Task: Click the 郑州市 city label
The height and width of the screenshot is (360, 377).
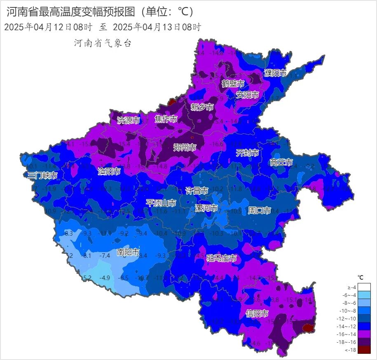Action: pyautogui.click(x=184, y=147)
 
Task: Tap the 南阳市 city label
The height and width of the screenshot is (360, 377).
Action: pyautogui.click(x=128, y=252)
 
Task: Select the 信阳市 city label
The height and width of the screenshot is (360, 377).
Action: pyautogui.click(x=258, y=313)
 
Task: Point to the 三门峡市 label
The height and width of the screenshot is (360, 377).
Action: pyautogui.click(x=42, y=175)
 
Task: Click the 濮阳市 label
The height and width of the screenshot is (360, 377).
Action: pyautogui.click(x=275, y=73)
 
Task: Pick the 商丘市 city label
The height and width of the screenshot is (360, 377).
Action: pyautogui.click(x=281, y=162)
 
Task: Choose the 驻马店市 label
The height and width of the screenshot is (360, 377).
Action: pyautogui.click(x=222, y=258)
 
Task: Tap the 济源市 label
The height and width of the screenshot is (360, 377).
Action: pyautogui.click(x=129, y=120)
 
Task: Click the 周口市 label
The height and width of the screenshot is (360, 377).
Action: pyautogui.click(x=260, y=210)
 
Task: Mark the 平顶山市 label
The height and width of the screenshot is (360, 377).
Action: pyautogui.click(x=161, y=203)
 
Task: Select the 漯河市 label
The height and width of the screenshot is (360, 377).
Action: pyautogui.click(x=206, y=208)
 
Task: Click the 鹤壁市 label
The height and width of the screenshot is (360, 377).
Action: pyautogui.click(x=233, y=84)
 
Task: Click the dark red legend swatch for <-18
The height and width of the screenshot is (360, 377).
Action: pyautogui.click(x=364, y=350)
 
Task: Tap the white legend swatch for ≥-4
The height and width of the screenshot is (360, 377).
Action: pyautogui.click(x=364, y=287)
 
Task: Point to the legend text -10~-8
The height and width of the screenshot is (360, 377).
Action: pyautogui.click(x=349, y=311)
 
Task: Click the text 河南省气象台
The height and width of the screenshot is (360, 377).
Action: pyautogui.click(x=103, y=43)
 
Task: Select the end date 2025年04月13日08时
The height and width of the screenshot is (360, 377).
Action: pyautogui.click(x=157, y=28)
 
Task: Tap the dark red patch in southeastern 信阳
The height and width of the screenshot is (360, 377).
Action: pyautogui.click(x=307, y=328)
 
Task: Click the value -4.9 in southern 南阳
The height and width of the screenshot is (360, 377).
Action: pyautogui.click(x=105, y=278)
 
